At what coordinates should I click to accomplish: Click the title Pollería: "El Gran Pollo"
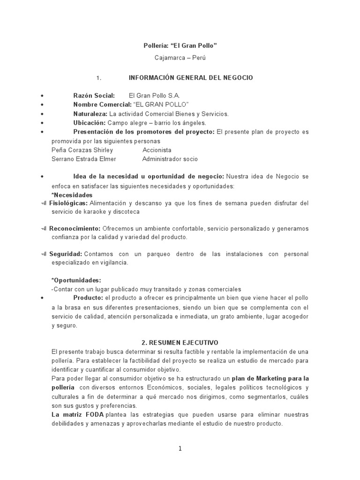tap(180, 45)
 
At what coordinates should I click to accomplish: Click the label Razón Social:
tap(94, 96)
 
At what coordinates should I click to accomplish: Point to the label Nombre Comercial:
tap(103, 105)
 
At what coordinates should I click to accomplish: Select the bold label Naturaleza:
tap(90, 114)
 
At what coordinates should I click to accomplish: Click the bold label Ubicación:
tap(90, 123)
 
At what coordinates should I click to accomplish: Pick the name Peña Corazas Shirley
tap(82, 150)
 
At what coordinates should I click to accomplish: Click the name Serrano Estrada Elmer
tap(83, 159)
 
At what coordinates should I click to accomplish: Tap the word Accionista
tap(157, 150)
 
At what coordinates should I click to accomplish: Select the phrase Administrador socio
tap(170, 159)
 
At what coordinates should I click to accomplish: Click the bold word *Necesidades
tap(72, 195)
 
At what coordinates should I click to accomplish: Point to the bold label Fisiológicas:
tap(68, 203)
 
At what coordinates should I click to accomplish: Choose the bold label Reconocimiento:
tap(75, 228)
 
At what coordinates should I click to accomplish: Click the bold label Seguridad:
tap(66, 254)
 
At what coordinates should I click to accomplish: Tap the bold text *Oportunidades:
tap(76, 280)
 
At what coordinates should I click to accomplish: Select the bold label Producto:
tap(88, 298)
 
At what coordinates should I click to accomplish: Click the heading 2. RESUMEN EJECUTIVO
tap(180, 343)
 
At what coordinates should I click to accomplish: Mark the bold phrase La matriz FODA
tap(77, 415)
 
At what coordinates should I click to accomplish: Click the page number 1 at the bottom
tap(180, 449)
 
